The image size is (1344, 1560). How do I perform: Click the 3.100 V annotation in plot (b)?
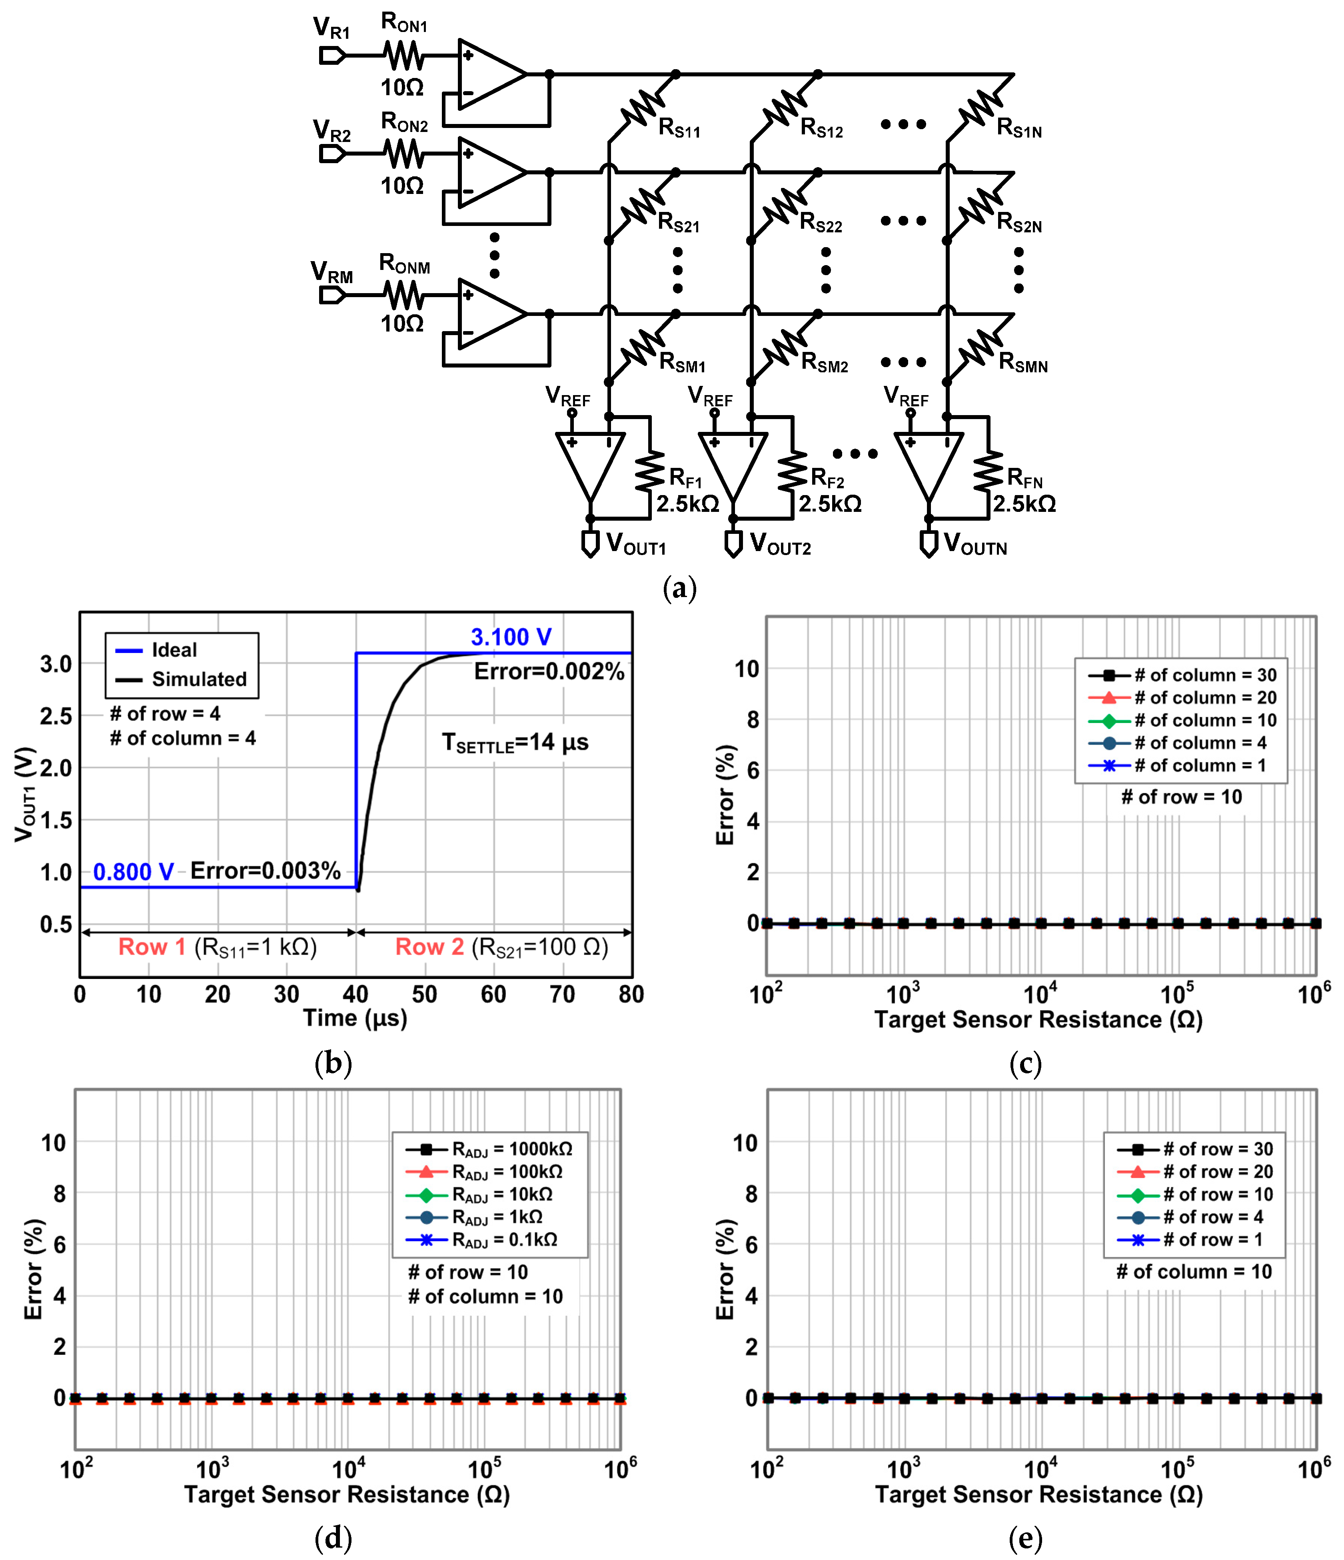[x=511, y=637]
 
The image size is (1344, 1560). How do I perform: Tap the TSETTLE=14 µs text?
[x=515, y=743]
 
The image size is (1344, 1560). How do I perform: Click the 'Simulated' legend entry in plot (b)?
[x=199, y=679]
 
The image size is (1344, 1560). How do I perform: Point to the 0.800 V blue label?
[x=133, y=872]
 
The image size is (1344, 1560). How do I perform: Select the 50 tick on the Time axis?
[x=424, y=995]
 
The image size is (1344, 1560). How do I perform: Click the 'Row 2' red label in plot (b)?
[x=429, y=947]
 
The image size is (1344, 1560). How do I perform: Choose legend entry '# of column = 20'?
[x=1205, y=697]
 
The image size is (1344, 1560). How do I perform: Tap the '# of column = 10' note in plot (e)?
[x=1193, y=1272]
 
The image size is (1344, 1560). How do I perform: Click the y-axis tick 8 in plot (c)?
[x=752, y=720]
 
